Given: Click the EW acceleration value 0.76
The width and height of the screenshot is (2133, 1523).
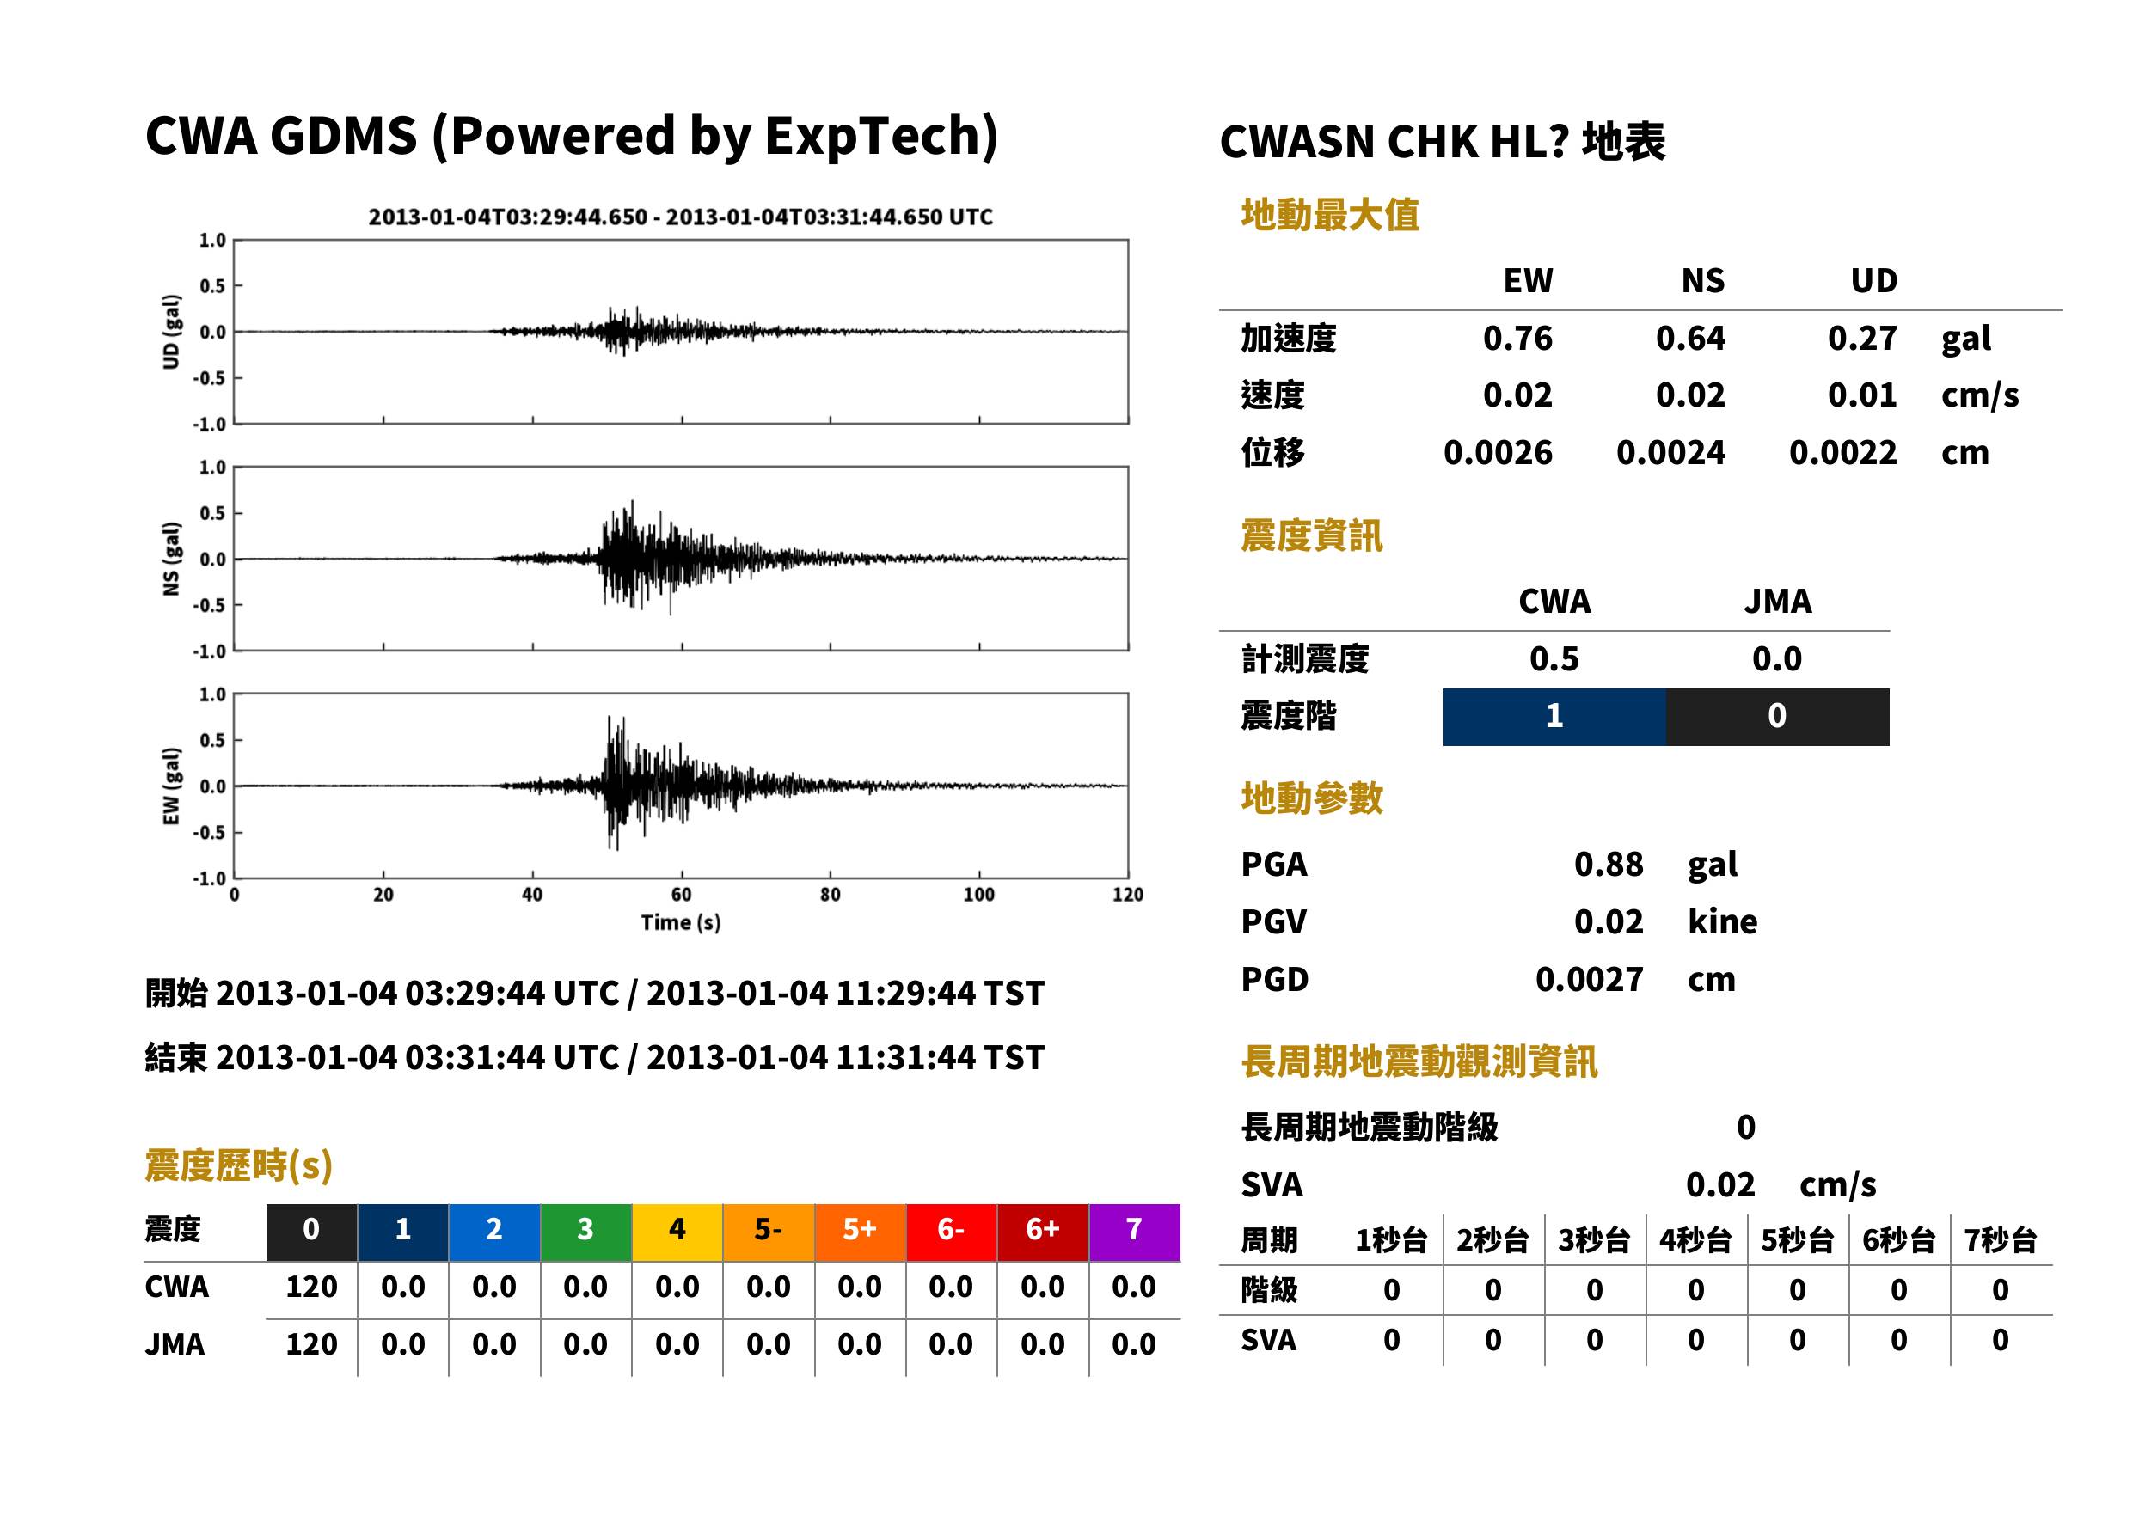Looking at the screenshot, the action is (1517, 338).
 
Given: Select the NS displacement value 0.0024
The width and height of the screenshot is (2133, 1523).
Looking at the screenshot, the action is (1670, 452).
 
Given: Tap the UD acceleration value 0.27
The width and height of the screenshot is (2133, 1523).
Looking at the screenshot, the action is (1862, 338).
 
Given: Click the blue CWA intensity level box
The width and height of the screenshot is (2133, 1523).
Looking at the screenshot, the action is (1554, 717).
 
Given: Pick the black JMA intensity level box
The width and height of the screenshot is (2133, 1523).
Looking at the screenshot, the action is (1778, 717).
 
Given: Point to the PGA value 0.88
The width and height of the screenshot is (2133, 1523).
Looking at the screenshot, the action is (1609, 864).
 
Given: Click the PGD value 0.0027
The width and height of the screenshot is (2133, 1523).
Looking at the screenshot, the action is (1589, 979).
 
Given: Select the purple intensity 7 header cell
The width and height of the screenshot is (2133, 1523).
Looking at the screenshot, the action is (1134, 1232).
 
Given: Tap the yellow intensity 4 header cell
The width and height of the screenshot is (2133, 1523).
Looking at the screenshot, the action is (677, 1232).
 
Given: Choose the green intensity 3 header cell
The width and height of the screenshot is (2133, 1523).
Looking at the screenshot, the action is (585, 1232).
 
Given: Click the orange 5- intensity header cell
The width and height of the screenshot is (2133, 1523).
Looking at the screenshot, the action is (769, 1232).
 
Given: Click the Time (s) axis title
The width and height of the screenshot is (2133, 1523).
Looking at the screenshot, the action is (681, 923).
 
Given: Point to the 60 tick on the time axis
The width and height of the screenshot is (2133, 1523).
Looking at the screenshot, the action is (681, 895).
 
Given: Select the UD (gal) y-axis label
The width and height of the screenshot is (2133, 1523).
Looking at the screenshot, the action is (171, 332).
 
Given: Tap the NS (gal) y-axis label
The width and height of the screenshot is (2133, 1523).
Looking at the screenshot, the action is (171, 559).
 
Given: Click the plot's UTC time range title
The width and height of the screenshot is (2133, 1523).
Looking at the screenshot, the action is (680, 217).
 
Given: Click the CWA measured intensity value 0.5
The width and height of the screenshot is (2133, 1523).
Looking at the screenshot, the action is (1554, 658).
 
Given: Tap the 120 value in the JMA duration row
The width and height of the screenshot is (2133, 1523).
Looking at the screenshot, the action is (311, 1344).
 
